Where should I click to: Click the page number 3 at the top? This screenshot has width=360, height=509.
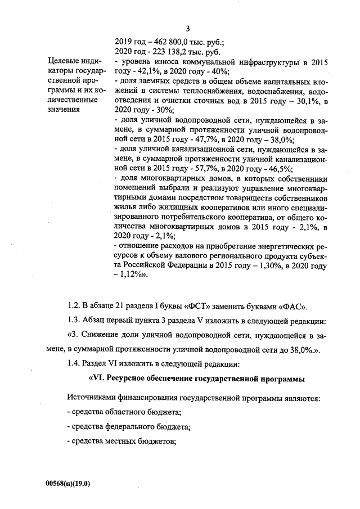[x=188, y=29]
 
